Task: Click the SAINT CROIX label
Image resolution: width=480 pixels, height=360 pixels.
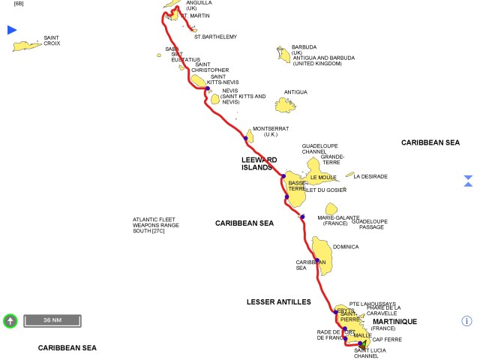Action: (x=52, y=40)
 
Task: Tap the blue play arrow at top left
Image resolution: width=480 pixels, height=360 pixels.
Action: (x=11, y=30)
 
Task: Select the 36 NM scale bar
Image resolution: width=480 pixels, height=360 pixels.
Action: (x=52, y=320)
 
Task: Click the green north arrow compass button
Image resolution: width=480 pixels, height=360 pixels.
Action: (x=10, y=320)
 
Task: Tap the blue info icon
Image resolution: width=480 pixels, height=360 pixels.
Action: (x=466, y=321)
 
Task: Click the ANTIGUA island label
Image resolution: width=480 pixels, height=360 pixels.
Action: (x=295, y=92)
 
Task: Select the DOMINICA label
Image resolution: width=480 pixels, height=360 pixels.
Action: (x=346, y=247)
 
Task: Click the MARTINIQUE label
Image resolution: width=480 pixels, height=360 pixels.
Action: (x=394, y=322)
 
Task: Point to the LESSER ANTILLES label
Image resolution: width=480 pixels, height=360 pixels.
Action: (x=278, y=301)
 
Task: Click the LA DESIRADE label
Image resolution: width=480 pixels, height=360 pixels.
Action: (x=370, y=176)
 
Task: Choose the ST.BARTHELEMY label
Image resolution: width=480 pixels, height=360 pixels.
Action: (x=215, y=36)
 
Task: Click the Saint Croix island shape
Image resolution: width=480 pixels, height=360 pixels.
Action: (x=27, y=46)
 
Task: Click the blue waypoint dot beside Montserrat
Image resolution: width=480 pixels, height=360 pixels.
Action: (x=245, y=138)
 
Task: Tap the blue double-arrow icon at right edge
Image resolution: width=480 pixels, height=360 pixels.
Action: (x=468, y=181)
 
